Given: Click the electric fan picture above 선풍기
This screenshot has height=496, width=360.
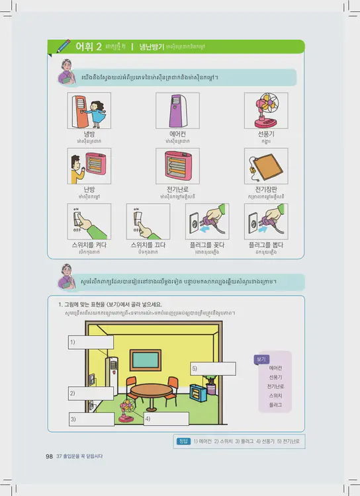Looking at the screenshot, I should [266, 110].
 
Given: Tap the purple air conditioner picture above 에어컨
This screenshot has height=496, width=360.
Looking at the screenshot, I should [177, 110].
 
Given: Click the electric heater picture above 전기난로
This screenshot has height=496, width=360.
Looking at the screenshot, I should [177, 166].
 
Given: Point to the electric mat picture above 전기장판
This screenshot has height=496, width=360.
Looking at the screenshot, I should [266, 166].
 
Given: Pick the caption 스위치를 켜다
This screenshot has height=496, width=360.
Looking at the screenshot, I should [89, 244].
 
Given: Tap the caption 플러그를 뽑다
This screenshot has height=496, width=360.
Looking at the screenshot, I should [266, 244].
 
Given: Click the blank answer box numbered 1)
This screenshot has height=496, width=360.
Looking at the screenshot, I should [91, 342].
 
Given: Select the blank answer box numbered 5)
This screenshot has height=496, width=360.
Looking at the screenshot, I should [213, 368].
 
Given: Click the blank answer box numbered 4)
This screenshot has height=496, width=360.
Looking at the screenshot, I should [166, 419].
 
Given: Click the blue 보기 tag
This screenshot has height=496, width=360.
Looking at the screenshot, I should [260, 359].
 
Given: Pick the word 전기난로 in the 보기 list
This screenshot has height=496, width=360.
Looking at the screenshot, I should [275, 386].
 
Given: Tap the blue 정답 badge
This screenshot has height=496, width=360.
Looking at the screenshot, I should [184, 441].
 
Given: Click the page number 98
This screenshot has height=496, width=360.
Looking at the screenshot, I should [49, 456].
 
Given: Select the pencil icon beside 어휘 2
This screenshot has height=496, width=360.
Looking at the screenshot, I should [64, 46].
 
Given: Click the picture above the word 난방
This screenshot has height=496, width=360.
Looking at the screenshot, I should [89, 166].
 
